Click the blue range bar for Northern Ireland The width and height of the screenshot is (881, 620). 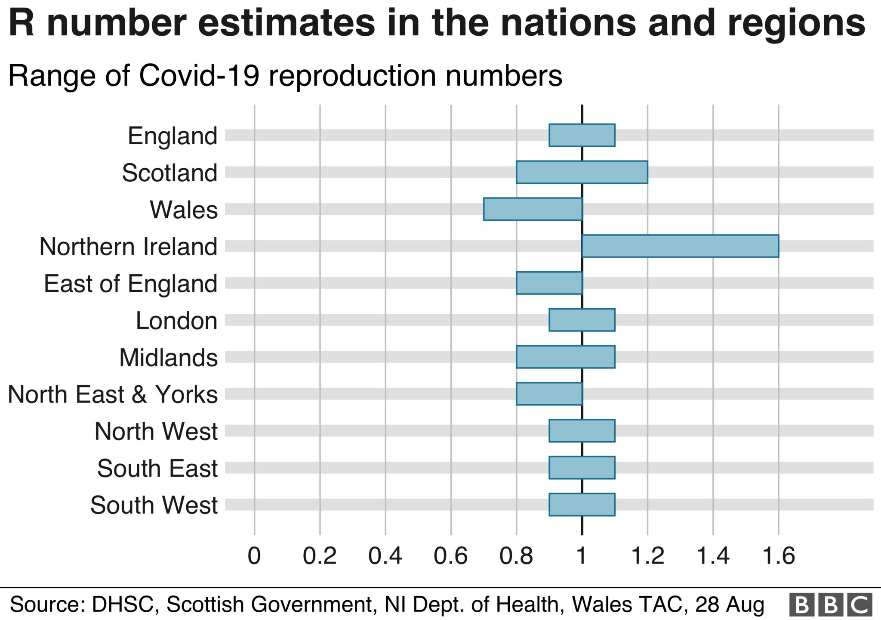point(680,246)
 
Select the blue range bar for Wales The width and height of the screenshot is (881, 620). point(533,209)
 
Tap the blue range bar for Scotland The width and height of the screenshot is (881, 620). point(582,172)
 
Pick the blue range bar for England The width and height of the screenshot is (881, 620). point(582,135)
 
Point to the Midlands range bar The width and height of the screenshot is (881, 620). point(565,357)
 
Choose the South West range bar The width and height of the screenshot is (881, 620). point(582,505)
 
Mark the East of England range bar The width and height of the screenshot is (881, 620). point(549,283)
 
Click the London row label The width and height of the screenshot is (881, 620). point(176,321)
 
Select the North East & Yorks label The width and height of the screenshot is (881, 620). point(113,394)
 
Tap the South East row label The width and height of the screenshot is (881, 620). point(157,468)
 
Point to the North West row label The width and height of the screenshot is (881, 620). point(156,431)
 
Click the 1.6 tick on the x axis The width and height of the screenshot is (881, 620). point(778,556)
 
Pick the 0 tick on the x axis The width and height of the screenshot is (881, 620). point(254,556)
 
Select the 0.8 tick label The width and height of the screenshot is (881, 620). point(516,556)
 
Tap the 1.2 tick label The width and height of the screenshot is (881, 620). point(647,556)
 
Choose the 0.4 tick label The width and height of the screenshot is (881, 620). point(385,556)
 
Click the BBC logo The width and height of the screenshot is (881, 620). point(830,604)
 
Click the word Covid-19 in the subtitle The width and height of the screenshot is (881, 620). point(199,76)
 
